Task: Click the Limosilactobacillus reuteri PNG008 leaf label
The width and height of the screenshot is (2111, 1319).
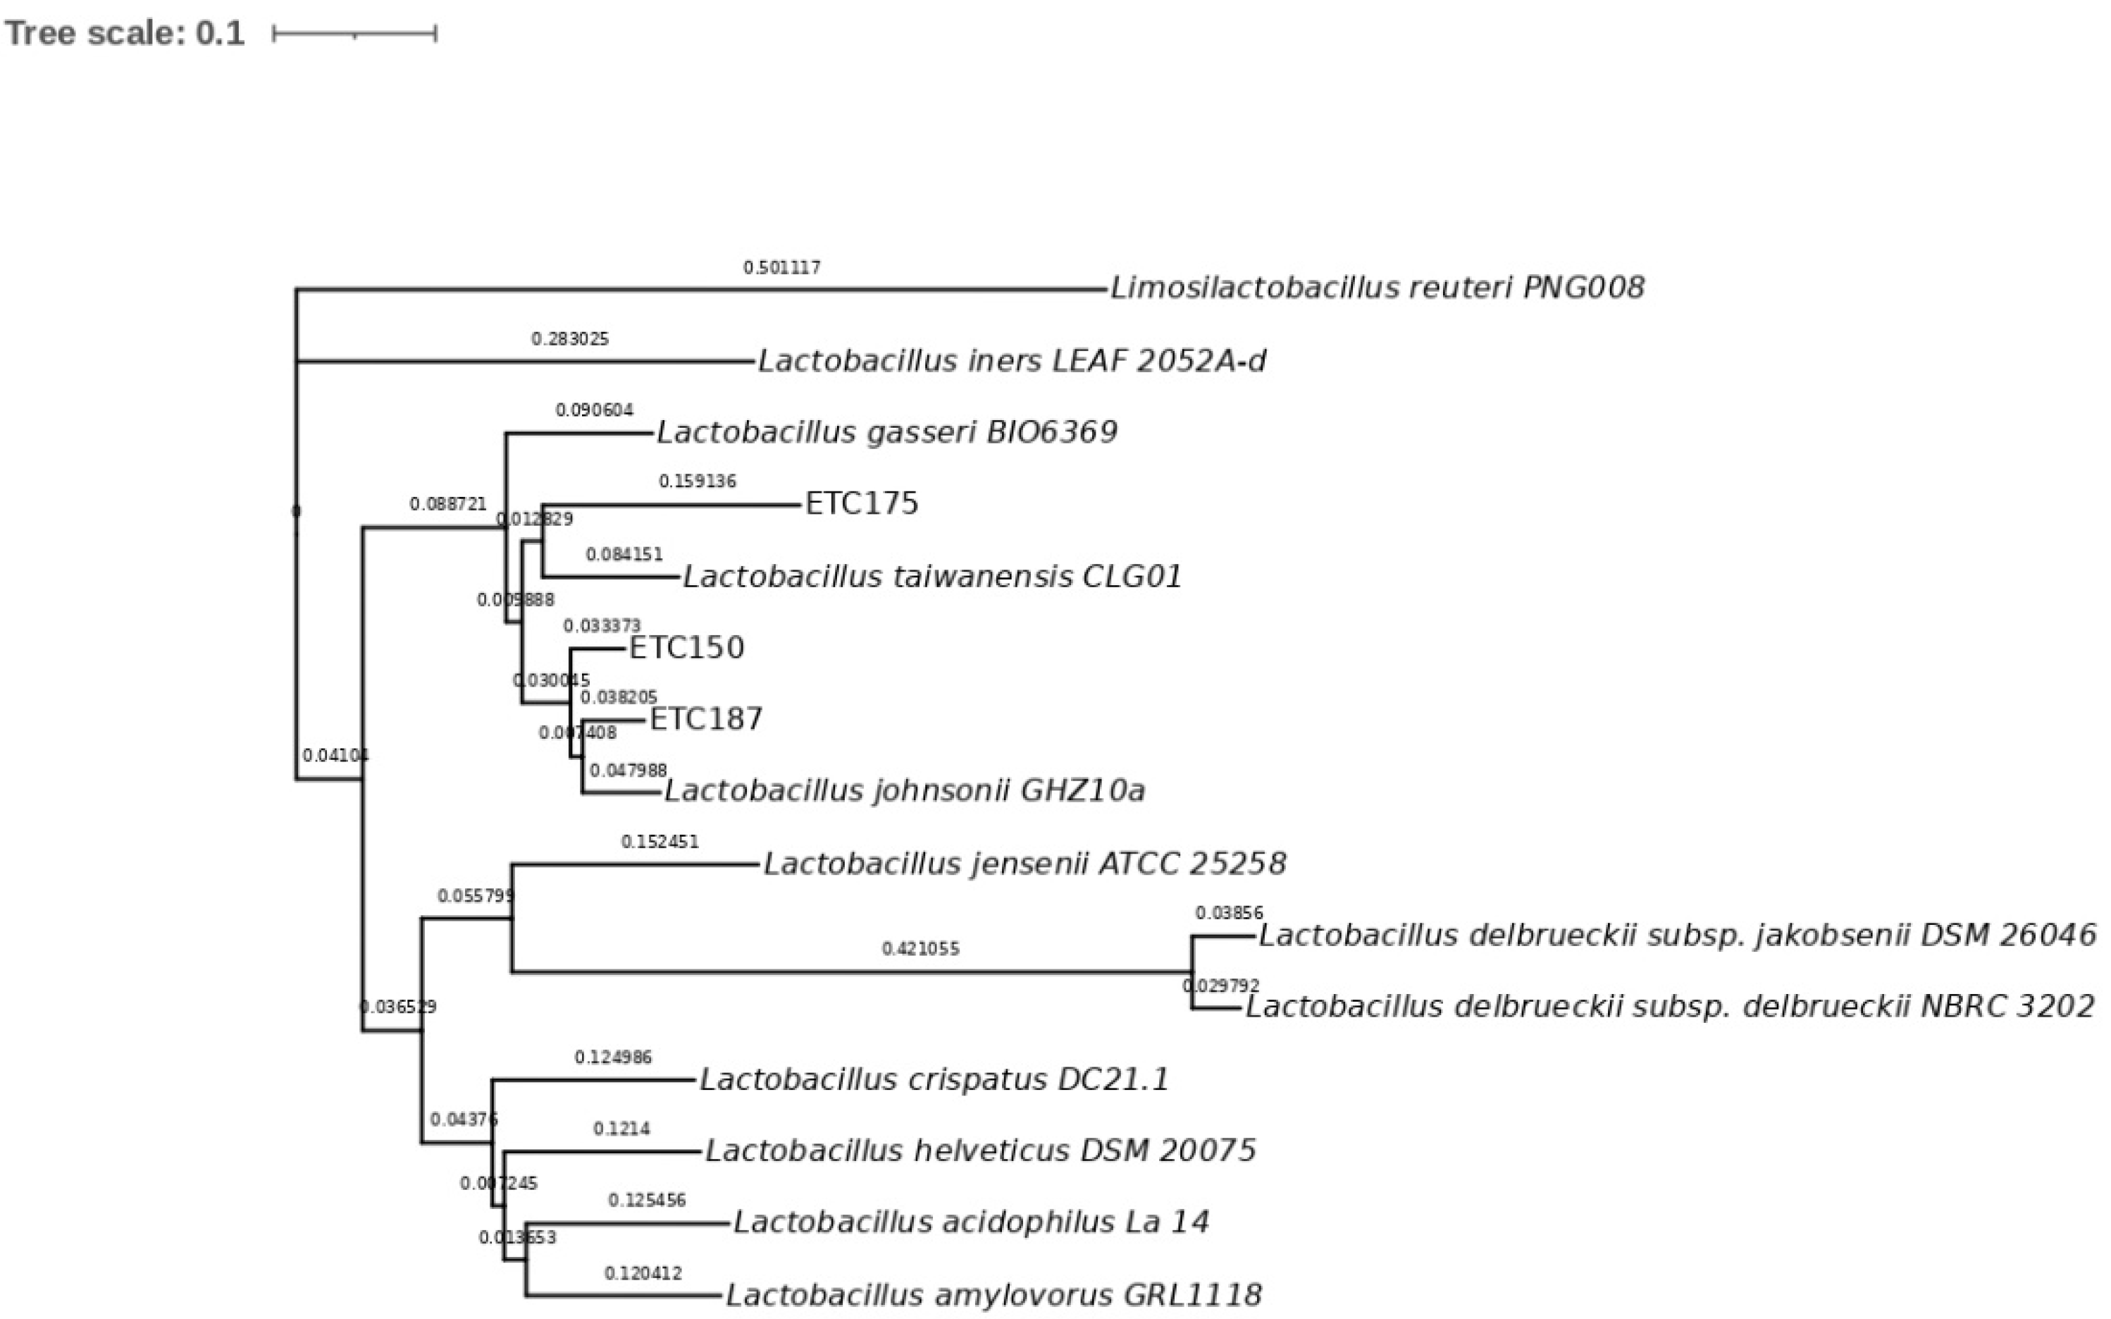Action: tap(1377, 288)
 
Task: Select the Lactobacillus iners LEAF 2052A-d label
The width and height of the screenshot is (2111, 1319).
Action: tap(1012, 360)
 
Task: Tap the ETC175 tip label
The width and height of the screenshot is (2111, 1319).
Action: tap(862, 503)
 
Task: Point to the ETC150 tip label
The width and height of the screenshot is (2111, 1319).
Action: tap(686, 647)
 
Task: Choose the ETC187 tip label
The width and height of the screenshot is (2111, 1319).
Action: tap(706, 719)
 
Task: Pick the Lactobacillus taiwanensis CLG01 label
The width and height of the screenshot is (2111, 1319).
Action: tap(932, 577)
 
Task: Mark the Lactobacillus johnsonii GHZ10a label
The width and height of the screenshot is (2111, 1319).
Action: tap(904, 790)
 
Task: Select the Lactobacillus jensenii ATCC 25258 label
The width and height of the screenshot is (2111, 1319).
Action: tap(1024, 864)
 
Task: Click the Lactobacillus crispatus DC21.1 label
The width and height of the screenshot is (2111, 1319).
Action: tap(934, 1079)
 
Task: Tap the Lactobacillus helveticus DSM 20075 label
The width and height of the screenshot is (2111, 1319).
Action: tap(981, 1151)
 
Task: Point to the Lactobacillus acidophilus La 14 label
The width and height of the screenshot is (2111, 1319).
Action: tap(972, 1222)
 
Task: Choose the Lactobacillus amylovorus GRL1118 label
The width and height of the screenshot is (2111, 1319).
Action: tap(994, 1294)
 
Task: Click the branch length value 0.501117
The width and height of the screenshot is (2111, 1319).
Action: tap(781, 268)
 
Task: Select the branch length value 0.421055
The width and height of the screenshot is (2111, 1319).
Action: tap(920, 949)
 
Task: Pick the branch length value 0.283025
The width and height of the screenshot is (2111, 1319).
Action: tap(569, 339)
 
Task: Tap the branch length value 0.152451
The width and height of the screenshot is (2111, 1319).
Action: tap(660, 842)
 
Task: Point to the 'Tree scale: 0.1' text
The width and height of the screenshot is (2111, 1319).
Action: tap(125, 33)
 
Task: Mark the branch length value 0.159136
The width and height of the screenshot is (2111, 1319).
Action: tap(697, 481)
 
